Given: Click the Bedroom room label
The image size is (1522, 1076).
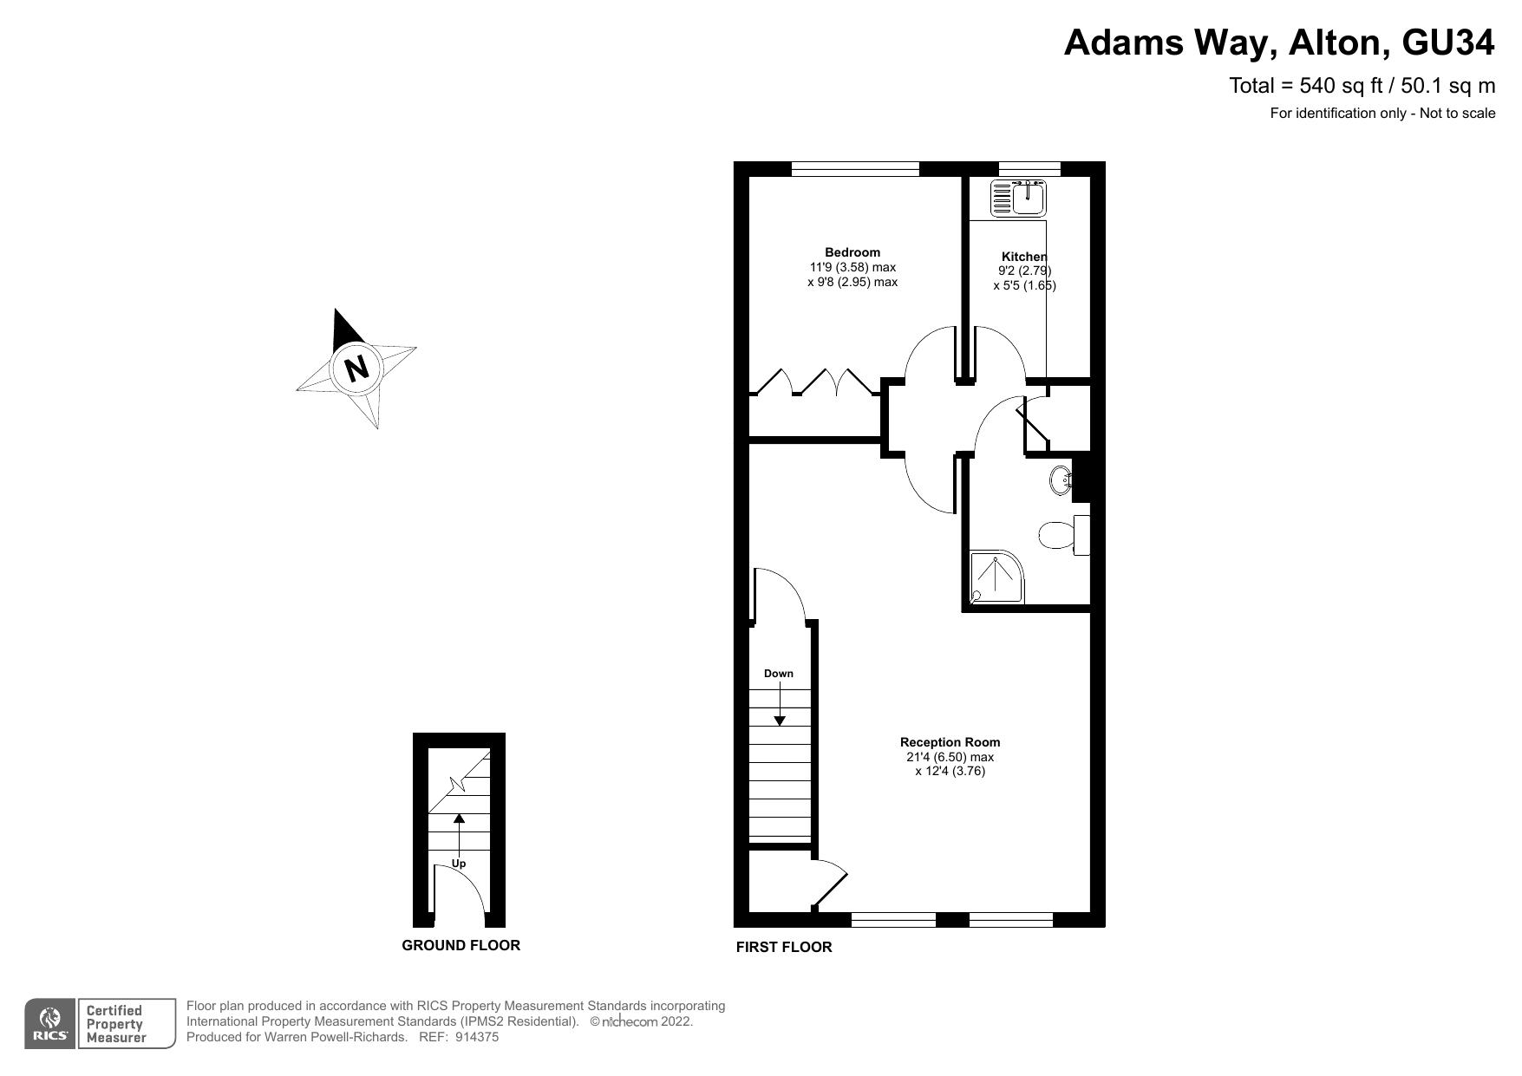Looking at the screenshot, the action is [x=852, y=252].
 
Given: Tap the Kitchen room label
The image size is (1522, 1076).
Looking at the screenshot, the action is [x=1024, y=257].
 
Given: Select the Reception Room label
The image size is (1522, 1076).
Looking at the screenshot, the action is [x=950, y=742].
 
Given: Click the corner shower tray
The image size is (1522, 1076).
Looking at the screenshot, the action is [x=997, y=577].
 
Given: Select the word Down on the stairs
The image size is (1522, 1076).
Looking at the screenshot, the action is [x=779, y=674].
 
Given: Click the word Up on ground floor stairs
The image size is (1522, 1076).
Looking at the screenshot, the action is [x=459, y=864].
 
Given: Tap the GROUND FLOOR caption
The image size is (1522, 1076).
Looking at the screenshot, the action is [x=461, y=945].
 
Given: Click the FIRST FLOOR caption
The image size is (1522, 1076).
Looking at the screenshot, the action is [x=784, y=947].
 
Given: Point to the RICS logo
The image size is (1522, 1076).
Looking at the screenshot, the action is [x=51, y=1024].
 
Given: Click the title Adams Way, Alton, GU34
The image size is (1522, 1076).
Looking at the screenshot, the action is [x=1279, y=42].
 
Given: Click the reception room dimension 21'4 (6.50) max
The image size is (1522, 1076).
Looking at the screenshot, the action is [x=950, y=757].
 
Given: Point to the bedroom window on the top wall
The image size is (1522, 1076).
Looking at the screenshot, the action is [x=855, y=169].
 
